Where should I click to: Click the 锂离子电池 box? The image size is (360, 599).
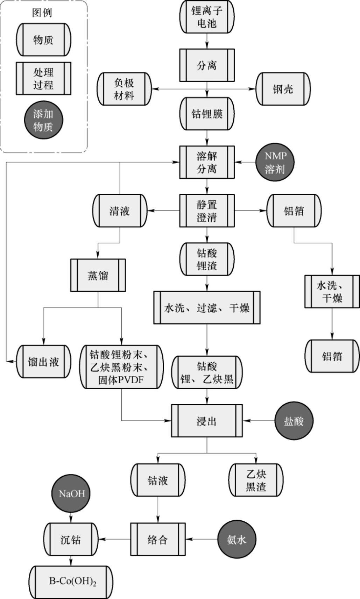(207, 17)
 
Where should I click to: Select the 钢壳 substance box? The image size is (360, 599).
(283, 89)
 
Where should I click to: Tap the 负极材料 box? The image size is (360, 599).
(124, 89)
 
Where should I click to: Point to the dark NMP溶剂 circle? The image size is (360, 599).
(275, 162)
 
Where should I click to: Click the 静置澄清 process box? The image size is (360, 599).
(207, 211)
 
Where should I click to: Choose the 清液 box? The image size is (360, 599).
(120, 211)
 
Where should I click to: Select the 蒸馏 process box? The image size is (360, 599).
(98, 275)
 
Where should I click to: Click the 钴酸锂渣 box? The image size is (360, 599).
(207, 259)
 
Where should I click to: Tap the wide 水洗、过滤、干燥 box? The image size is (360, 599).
(207, 308)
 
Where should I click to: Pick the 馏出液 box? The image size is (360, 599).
(44, 362)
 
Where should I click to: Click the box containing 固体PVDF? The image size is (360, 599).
(122, 367)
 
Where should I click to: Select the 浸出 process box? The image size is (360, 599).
(207, 421)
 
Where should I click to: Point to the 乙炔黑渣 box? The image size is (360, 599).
(256, 480)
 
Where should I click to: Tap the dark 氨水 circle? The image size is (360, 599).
(237, 539)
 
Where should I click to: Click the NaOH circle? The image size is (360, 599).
(71, 494)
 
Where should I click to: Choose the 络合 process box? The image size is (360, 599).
(158, 539)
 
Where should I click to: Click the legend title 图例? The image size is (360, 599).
(42, 13)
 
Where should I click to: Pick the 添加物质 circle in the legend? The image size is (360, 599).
(43, 120)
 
